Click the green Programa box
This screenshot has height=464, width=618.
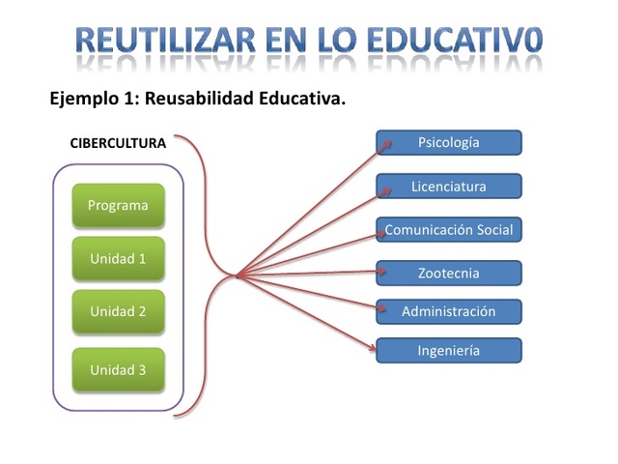118,205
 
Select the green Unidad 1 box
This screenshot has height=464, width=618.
118,258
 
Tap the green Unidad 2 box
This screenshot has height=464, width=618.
118,311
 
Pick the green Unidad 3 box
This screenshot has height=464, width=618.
118,369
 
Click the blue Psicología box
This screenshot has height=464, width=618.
449,143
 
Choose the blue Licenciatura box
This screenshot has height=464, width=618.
449,187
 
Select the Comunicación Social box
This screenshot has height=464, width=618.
449,230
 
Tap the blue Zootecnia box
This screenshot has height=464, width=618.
449,274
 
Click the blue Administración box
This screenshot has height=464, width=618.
449,311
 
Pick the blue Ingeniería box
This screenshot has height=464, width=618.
449,351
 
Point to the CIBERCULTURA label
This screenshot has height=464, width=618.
118,143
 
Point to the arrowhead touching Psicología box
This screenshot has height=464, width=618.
387,144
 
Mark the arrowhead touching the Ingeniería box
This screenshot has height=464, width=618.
373,346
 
